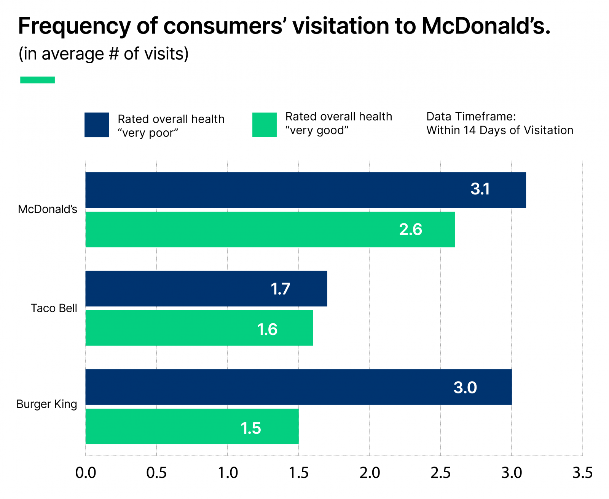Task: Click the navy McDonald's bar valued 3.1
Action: pos(304,190)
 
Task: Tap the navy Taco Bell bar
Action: pos(206,289)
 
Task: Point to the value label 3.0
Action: pos(465,388)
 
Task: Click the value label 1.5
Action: pos(250,428)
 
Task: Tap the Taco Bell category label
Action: pos(54,308)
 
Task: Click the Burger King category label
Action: pos(46,404)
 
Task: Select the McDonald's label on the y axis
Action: pos(48,209)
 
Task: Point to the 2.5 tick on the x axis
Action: pos(440,473)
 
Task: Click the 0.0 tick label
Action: pos(86,473)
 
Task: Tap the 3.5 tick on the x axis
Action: pos(582,473)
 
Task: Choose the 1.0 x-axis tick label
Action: pos(228,473)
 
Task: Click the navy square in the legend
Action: pos(97,125)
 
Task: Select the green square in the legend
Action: pos(264,125)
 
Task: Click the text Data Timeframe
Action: pos(471,116)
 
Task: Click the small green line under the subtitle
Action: pos(37,80)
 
